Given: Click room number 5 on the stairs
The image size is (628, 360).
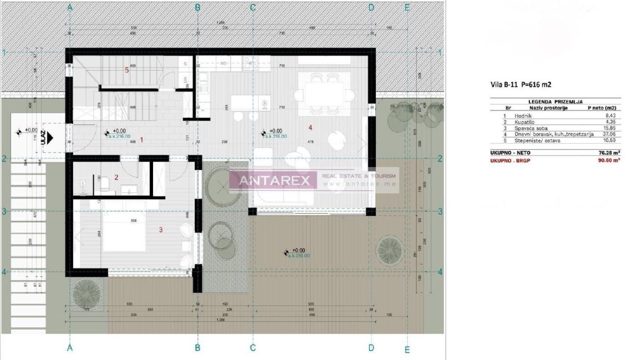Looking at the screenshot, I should [x=127, y=70].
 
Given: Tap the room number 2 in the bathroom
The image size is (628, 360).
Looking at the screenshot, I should [x=116, y=177].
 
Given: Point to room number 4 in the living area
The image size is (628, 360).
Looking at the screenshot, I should [x=310, y=128].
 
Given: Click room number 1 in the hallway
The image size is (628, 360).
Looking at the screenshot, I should [x=142, y=140].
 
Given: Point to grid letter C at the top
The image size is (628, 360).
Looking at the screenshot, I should [x=253, y=7].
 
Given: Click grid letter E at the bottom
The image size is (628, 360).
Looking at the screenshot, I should [x=407, y=349].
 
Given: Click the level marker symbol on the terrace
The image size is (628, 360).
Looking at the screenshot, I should [x=287, y=253].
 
